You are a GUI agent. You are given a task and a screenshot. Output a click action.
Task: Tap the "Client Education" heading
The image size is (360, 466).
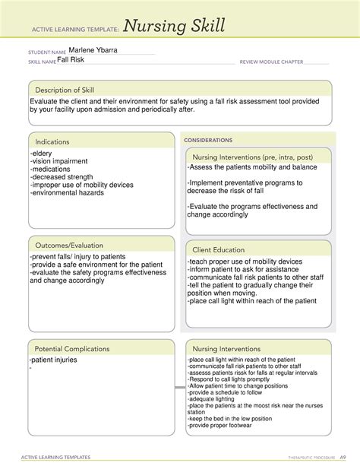219,249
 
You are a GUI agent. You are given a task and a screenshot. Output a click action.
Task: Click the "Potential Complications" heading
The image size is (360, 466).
73,348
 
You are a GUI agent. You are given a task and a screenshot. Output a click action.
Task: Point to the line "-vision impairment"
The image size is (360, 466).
59,161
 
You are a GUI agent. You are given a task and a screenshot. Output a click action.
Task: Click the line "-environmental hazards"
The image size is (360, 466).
67,192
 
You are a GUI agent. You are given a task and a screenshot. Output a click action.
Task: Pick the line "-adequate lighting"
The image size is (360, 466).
213,399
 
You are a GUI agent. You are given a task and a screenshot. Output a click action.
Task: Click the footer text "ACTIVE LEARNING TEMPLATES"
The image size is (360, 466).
55,457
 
